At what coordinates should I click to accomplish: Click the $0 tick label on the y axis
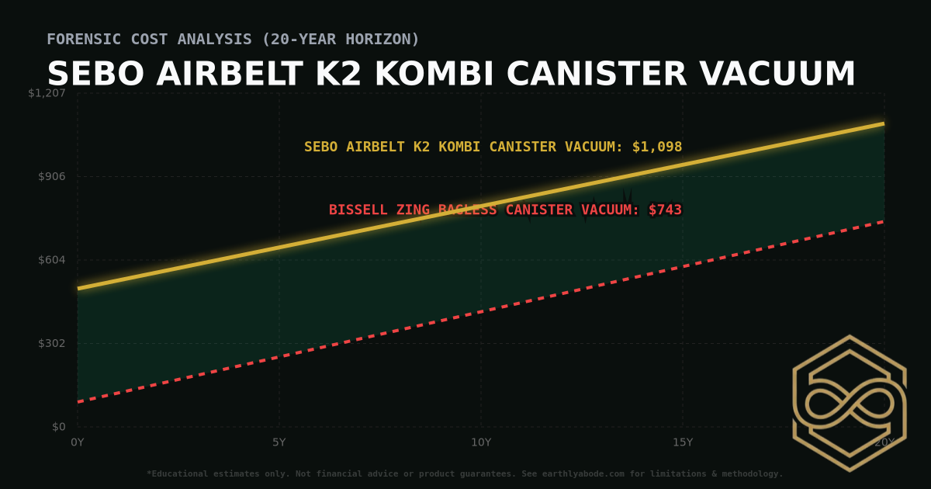click(x=60, y=427)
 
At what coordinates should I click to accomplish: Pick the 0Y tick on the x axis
click(x=78, y=442)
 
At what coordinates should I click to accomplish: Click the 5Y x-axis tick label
click(x=279, y=442)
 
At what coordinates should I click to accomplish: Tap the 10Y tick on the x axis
click(x=481, y=442)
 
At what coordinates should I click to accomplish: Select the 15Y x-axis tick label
click(x=683, y=442)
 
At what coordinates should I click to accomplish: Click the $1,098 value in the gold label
click(x=657, y=147)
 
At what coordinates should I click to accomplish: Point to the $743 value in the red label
click(x=665, y=210)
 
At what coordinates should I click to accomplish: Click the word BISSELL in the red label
click(x=355, y=210)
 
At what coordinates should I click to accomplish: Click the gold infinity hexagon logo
click(x=849, y=403)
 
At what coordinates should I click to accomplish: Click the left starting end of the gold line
click(x=78, y=288)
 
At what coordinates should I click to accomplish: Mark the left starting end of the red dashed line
click(x=78, y=401)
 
